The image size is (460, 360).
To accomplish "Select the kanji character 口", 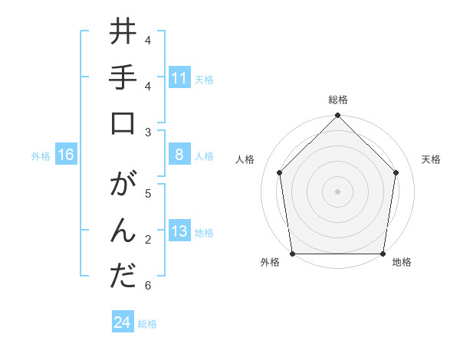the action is [x=123, y=125].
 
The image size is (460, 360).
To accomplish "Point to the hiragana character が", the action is [x=123, y=188].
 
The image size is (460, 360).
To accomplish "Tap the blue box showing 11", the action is [x=179, y=78].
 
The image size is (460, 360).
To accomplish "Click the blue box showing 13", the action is [x=179, y=232].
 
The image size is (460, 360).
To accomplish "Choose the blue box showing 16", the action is [x=66, y=155].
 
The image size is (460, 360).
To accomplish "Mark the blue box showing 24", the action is [x=123, y=322].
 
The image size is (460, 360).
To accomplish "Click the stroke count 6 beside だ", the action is [x=147, y=286].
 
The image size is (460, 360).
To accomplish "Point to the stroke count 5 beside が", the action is [x=147, y=194].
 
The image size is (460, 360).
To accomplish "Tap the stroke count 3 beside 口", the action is [x=147, y=133].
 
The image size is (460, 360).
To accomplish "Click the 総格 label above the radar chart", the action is [x=338, y=100].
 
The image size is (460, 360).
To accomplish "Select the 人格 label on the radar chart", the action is [x=245, y=159].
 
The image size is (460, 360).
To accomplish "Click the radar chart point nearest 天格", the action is [x=396, y=172].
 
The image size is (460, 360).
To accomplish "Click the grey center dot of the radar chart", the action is [x=338, y=191].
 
